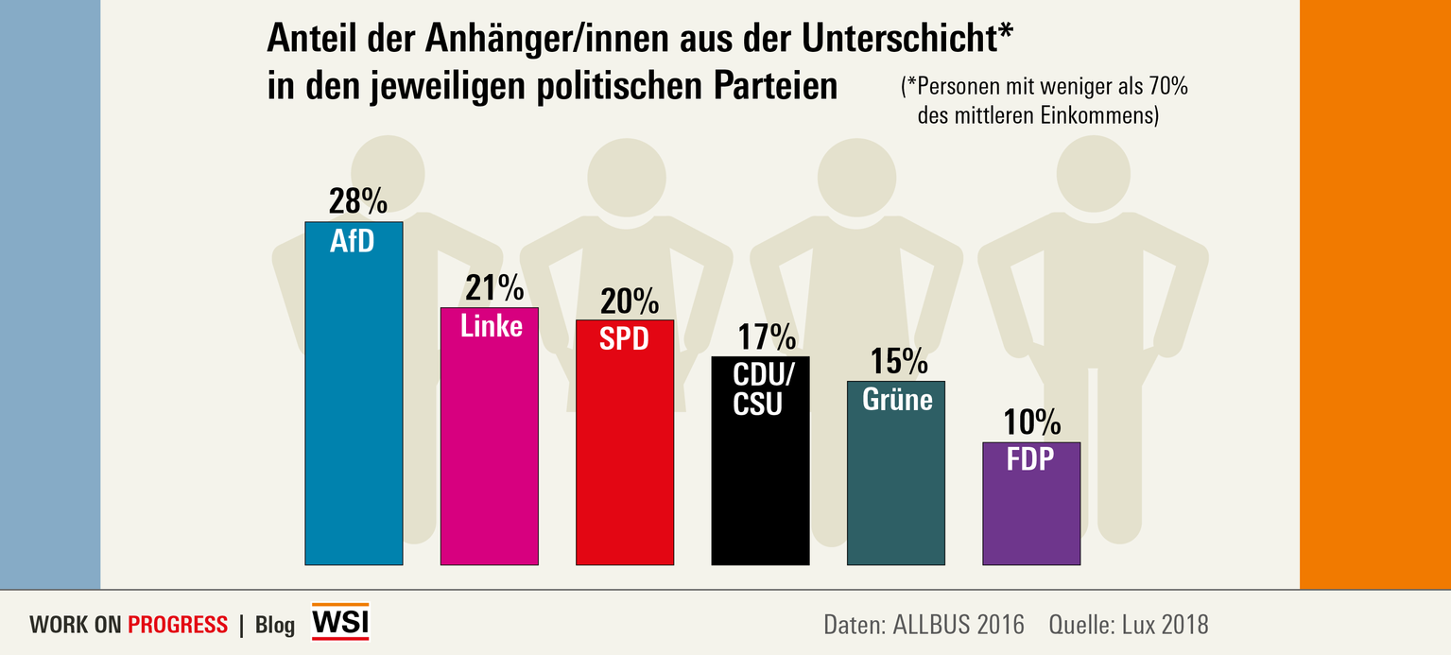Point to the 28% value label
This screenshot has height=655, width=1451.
click(x=357, y=201)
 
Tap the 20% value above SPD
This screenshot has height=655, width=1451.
click(x=630, y=301)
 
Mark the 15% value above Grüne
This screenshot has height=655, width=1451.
click(x=899, y=361)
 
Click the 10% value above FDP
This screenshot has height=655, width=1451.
click(x=1033, y=422)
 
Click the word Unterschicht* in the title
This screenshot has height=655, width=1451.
click(x=907, y=39)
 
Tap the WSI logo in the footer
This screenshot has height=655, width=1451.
click(x=340, y=622)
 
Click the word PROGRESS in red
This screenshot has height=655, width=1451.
click(x=178, y=625)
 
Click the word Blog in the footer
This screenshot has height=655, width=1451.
click(x=275, y=625)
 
